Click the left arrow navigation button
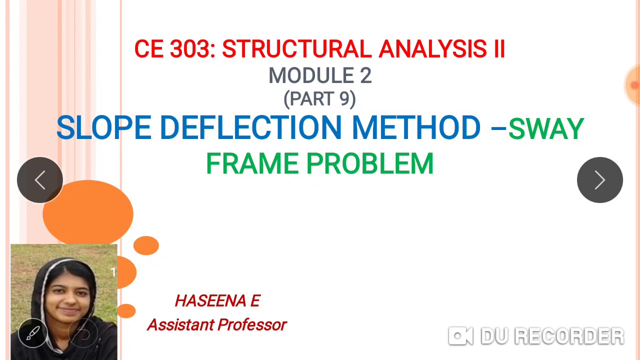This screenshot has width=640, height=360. (40, 180)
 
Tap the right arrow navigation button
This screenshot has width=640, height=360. (599, 180)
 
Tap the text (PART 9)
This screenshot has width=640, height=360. (319, 98)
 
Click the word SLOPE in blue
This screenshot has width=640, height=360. (103, 128)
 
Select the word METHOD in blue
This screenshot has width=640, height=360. (416, 128)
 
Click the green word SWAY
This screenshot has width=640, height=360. (546, 129)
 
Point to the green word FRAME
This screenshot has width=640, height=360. (252, 164)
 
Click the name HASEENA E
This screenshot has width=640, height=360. (217, 301)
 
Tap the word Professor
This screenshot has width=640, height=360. (251, 325)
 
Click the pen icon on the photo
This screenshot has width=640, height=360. (33, 333)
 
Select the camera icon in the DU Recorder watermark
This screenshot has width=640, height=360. (460, 336)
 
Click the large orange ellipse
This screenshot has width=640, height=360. (88, 213)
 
